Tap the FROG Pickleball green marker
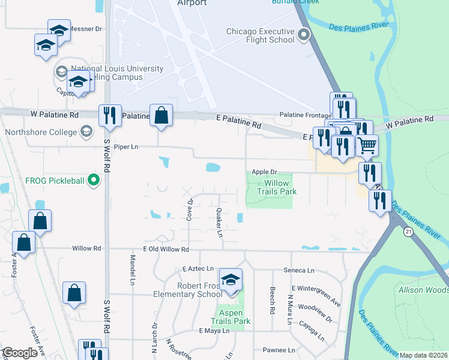(x=93, y=179)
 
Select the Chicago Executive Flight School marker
(x=304, y=35)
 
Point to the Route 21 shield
(x=408, y=232)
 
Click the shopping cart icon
(x=367, y=145)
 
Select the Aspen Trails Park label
(x=231, y=317)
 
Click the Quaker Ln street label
(x=219, y=223)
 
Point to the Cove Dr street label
(x=189, y=209)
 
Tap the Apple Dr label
(x=264, y=172)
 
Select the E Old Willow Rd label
(x=166, y=249)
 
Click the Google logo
(x=20, y=353)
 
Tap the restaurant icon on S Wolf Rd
(x=109, y=115)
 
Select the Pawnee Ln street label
(x=279, y=350)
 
